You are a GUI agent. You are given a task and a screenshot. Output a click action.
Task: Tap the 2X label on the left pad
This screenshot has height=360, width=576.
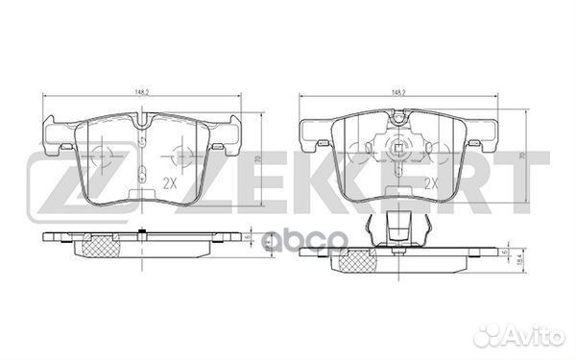(x=170, y=181)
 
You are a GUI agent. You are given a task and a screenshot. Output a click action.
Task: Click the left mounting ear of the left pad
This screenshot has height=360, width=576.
(x=58, y=132)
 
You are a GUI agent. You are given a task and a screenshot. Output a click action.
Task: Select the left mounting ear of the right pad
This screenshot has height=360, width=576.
(x=315, y=134)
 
